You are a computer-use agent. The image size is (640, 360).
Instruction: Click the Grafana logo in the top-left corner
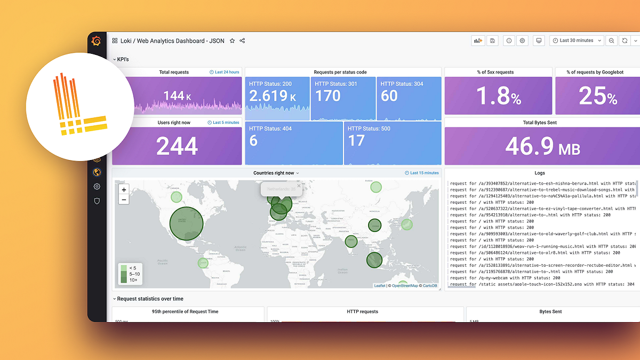[97, 41]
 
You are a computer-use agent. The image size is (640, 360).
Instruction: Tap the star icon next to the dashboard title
[232, 41]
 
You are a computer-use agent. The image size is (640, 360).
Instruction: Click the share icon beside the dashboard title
[242, 41]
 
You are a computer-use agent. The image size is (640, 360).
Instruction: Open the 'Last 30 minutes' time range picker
[577, 41]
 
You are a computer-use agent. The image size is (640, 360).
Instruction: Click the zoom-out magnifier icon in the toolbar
[611, 41]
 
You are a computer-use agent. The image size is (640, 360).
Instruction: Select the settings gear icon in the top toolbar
[523, 41]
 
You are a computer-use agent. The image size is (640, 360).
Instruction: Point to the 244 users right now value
[177, 146]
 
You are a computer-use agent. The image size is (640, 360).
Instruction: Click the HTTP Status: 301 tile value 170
[327, 96]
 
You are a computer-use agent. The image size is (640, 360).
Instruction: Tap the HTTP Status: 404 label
[270, 129]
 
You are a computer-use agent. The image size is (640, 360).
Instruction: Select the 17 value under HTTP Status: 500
[356, 141]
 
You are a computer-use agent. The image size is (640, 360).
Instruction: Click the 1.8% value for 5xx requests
[498, 97]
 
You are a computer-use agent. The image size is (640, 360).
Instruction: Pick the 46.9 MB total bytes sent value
[542, 146]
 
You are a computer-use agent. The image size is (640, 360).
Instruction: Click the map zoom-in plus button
[124, 190]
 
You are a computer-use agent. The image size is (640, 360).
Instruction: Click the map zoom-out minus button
[124, 199]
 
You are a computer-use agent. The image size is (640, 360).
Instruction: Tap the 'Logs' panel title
[540, 173]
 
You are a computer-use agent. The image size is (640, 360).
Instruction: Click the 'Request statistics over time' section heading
[150, 299]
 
